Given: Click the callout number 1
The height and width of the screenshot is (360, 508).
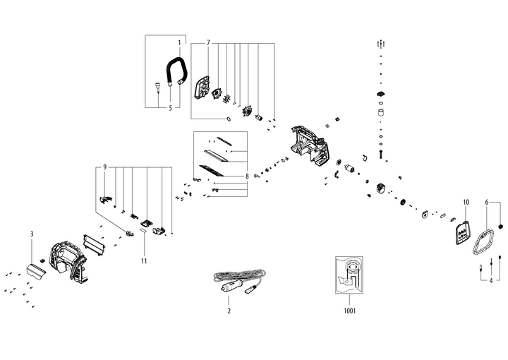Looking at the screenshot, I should point(179,43).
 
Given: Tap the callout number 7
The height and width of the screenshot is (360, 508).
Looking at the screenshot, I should point(208,43).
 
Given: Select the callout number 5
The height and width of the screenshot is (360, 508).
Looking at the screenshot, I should point(170,108).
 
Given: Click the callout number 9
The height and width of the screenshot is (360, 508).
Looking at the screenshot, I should point(104,167).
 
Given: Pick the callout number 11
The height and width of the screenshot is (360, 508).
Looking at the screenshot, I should point(143,241).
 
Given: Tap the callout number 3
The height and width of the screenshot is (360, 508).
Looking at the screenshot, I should point(32,233).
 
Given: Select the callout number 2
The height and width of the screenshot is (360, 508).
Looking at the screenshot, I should point(229,311).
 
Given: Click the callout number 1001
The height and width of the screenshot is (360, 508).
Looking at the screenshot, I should point(349,311).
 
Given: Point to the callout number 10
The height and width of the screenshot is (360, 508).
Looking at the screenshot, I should point(466,203).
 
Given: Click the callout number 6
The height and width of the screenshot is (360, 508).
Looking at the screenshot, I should point(487,203).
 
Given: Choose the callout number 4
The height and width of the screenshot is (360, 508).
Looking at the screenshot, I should point(490,280).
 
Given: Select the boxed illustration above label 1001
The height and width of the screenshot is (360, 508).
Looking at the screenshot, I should point(349,275).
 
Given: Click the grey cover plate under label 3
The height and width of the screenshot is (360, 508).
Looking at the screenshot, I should point(35,269).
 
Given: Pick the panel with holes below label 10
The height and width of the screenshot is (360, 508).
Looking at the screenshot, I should point(461,233).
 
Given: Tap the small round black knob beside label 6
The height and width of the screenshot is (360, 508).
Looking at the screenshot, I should point(502,227).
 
